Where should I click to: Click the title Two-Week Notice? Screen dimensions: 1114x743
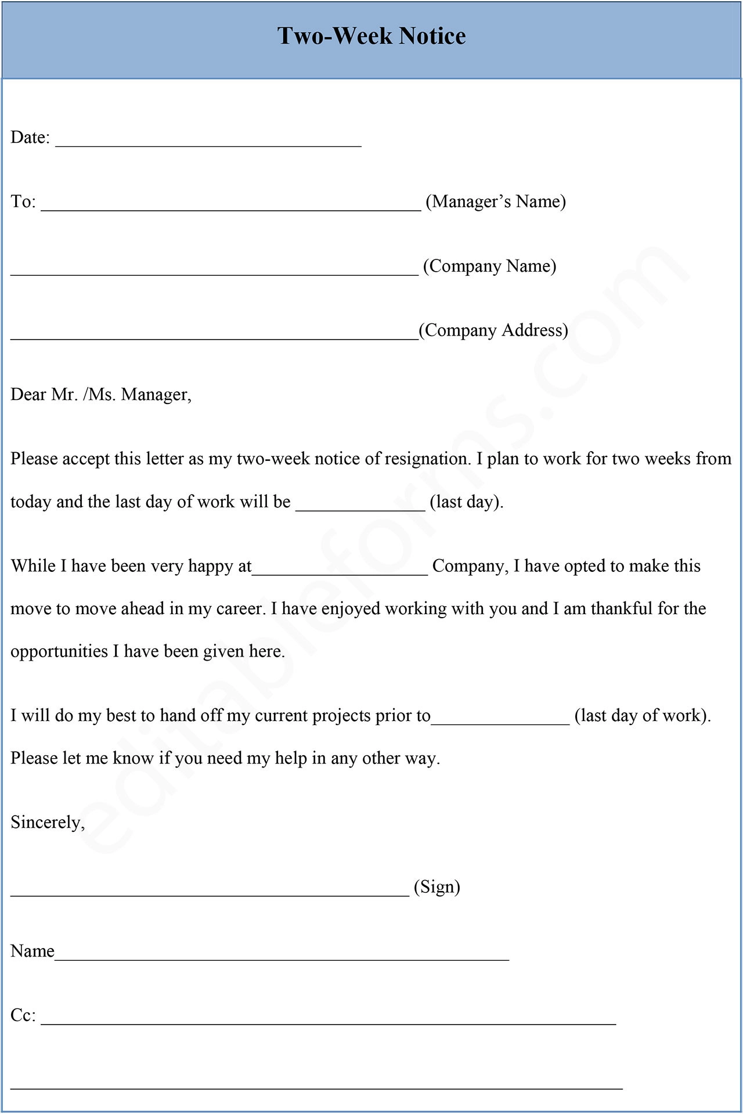371,36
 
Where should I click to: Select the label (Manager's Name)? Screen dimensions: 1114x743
496,201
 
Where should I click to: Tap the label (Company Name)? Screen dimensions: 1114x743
489,266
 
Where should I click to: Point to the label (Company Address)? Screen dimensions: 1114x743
493,330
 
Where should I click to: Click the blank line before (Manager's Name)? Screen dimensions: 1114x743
231,208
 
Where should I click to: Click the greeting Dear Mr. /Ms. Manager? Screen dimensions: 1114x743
101,395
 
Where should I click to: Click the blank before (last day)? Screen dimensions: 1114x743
360,509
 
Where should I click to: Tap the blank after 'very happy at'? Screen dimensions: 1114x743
340,572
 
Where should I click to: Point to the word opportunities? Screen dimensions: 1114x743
59,651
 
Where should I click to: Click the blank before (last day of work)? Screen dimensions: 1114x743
500,722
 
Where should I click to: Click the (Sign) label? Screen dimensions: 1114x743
437,887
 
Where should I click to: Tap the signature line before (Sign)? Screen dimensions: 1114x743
210,894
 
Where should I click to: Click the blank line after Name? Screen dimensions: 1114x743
282,958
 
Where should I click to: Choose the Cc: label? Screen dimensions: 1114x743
23,1015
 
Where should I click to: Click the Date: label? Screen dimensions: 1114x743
30,138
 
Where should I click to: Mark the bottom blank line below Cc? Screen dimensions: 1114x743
316,1087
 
